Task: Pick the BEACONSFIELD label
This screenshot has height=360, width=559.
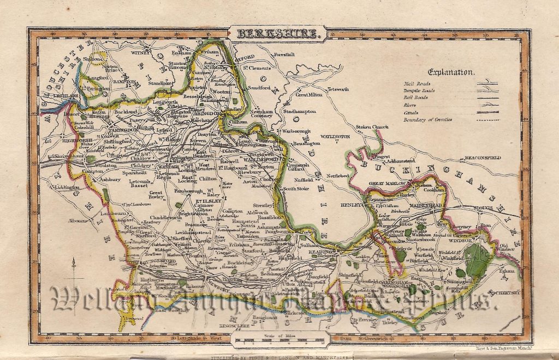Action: click(482, 158)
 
